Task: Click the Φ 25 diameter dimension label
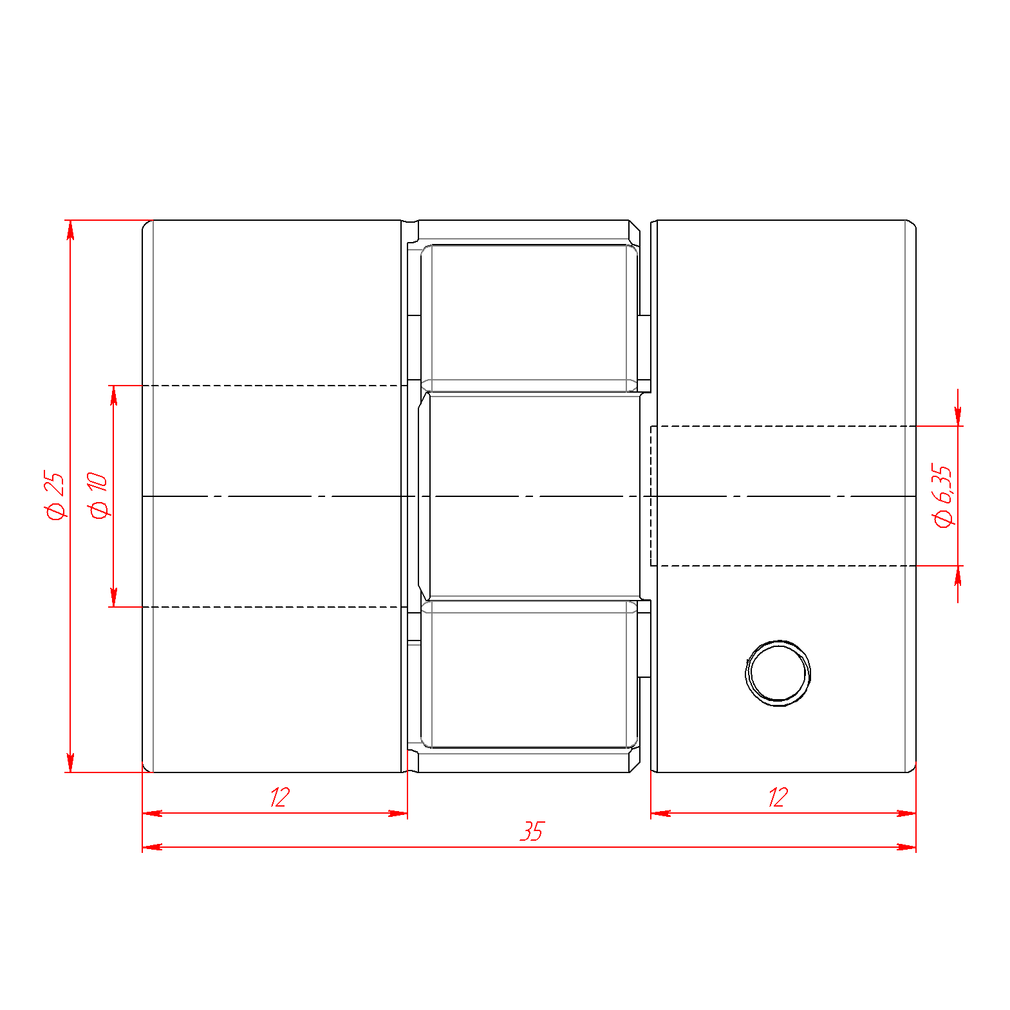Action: pos(55,495)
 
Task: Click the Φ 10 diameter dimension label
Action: pos(98,494)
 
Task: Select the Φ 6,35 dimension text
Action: pos(943,495)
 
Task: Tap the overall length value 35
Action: pos(532,831)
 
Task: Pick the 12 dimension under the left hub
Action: pos(280,797)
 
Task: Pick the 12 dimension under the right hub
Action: pos(778,797)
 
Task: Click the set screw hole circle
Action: pos(778,673)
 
